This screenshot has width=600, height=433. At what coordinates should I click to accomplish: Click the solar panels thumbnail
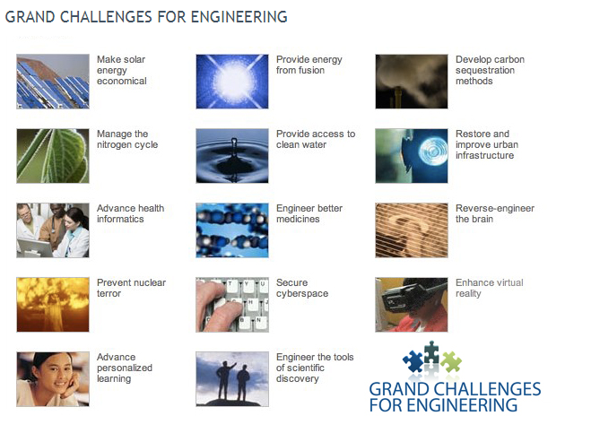point(53,82)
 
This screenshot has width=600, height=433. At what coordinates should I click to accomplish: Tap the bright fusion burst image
point(232,82)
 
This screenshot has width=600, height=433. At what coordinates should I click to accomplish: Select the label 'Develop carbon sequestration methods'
point(490,70)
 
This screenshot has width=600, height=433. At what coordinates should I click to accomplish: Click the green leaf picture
point(53,156)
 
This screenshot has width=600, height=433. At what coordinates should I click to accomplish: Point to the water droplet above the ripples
point(234,144)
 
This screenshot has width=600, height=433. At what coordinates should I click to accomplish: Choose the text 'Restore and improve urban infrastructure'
point(487,144)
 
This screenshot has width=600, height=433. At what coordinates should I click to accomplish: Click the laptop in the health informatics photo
point(34,247)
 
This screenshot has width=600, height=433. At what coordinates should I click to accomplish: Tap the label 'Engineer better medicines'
point(309,213)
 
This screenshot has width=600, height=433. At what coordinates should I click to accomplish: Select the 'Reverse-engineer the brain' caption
point(495,213)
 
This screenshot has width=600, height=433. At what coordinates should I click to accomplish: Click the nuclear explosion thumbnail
point(53,305)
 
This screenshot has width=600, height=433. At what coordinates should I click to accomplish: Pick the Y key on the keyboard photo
point(246,284)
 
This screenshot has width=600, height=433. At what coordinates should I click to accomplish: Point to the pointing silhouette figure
point(224,381)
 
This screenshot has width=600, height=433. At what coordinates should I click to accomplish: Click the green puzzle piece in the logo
point(451,361)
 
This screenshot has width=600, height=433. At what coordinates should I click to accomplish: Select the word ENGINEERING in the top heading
point(239,17)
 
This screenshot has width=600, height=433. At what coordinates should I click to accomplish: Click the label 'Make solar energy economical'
point(121,70)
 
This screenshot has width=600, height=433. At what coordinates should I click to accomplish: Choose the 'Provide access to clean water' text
point(316,139)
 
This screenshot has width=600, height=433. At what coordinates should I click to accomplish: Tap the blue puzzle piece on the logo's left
point(413,361)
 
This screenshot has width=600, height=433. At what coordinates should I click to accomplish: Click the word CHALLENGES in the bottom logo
point(486,389)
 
